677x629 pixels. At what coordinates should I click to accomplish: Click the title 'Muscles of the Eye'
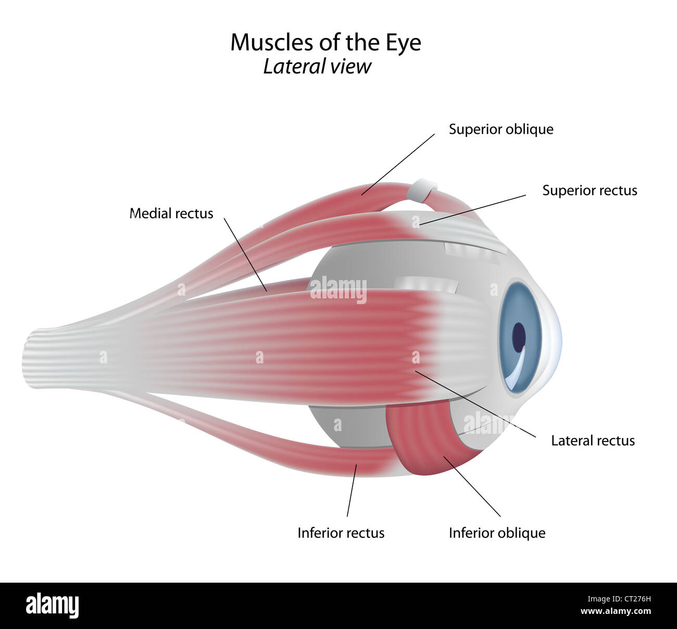point(325,43)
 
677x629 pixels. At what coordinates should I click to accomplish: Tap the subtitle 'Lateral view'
point(317,67)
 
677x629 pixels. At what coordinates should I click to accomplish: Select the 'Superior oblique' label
point(501,129)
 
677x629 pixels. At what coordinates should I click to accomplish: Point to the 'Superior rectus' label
point(590,191)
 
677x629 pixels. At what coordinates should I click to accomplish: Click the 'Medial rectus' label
point(171,213)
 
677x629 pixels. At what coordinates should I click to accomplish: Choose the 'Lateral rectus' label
point(593,441)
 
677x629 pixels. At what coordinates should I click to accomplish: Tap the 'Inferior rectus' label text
point(341,533)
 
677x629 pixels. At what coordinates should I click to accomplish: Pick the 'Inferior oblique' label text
point(497,533)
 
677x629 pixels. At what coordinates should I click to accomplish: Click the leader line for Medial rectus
point(246,254)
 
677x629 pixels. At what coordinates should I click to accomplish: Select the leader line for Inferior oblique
point(472,486)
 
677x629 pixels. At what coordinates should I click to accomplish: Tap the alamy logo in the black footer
point(52,606)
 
